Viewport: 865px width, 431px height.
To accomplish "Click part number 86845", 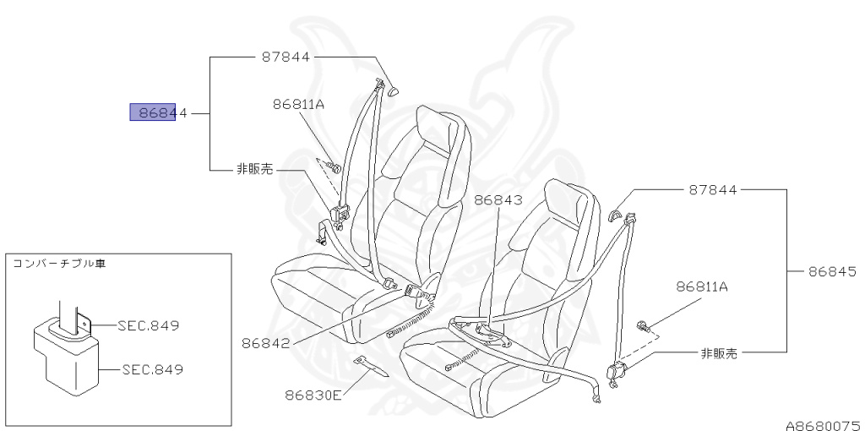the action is (x=832, y=272).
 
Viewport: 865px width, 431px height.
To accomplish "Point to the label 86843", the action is (x=498, y=200).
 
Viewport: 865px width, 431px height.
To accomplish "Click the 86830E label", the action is (x=313, y=395).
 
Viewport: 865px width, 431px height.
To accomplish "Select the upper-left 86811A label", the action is (x=298, y=105).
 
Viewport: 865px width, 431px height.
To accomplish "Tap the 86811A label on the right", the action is (x=701, y=287).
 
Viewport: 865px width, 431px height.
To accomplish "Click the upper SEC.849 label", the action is (x=149, y=325).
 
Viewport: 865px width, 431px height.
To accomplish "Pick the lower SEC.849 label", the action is (x=153, y=369).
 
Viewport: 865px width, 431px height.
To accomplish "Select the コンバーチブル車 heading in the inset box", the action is (x=58, y=264).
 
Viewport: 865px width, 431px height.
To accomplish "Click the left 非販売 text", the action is (x=255, y=169).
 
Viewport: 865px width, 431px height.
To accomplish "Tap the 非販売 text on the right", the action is (x=719, y=353).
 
